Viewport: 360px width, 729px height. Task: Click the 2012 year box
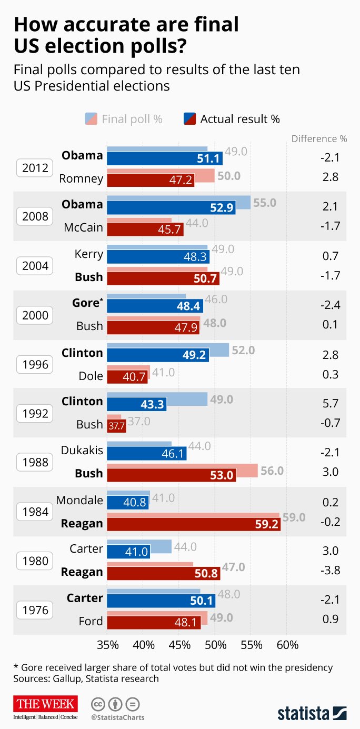pos(35,168)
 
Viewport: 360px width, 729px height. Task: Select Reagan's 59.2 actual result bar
pos(194,524)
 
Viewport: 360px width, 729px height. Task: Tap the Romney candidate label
pos(81,178)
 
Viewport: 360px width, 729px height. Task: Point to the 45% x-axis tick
pos(179,645)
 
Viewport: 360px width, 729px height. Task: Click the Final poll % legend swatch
pos(91,119)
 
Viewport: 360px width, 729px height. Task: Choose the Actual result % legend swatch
pos(190,119)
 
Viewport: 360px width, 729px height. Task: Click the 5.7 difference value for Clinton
pos(331,403)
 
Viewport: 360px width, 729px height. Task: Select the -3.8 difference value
pos(331,570)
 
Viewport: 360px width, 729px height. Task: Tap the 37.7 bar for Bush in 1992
pos(116,426)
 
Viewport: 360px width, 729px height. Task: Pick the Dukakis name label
pos(82,450)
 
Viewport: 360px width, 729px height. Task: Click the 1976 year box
pos(35,610)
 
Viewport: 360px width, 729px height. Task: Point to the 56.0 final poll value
pos(272,471)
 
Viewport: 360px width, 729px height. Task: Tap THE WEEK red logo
pos(45,704)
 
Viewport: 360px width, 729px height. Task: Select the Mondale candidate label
pos(79,500)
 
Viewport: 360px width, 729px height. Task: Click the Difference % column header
pos(319,138)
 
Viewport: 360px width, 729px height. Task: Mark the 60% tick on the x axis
pos(287,645)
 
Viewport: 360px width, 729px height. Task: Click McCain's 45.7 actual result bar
pos(145,229)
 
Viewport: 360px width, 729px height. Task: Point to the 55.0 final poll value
pos(265,203)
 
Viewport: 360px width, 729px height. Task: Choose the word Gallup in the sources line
pos(68,679)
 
